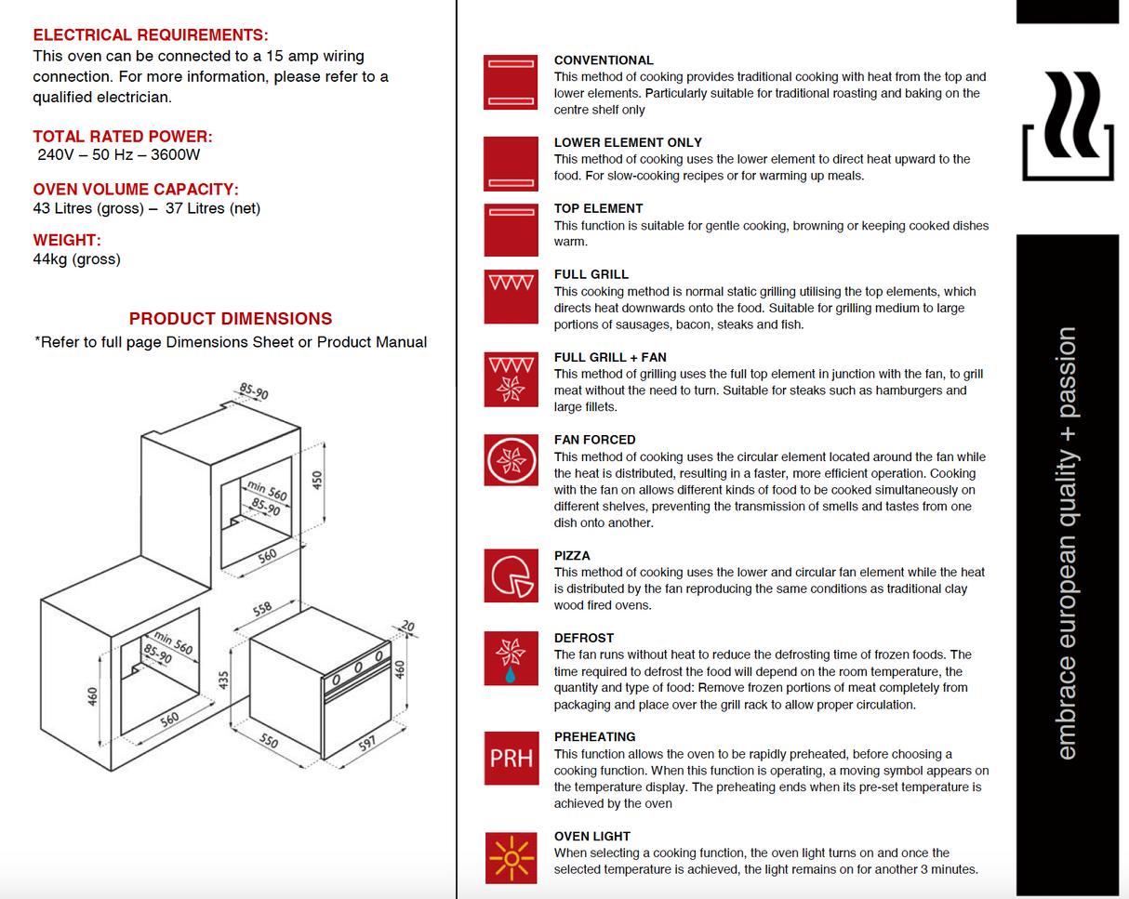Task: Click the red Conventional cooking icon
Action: click(511, 82)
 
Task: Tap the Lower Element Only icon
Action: click(511, 164)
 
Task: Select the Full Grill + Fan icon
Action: click(511, 378)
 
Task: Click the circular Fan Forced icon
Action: click(511, 459)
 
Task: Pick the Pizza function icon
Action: click(511, 575)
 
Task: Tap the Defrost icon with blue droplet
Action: click(511, 658)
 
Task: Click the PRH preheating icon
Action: click(511, 759)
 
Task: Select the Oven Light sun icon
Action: click(511, 857)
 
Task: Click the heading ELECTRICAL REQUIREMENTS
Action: click(151, 35)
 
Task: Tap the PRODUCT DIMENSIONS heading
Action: click(231, 319)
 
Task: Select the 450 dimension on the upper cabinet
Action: click(316, 481)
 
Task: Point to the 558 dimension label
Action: click(263, 609)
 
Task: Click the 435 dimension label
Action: click(223, 679)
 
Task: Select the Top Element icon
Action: click(511, 230)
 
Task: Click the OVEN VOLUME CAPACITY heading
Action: click(136, 190)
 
